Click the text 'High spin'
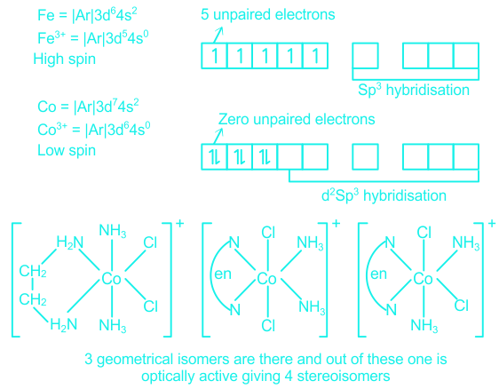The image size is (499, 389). pyautogui.click(x=64, y=60)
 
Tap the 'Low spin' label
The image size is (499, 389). pyautogui.click(x=67, y=151)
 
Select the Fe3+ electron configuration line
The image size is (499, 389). pyautogui.click(x=93, y=38)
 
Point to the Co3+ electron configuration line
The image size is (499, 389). pyautogui.click(x=94, y=130)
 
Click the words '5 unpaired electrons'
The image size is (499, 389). pyautogui.click(x=268, y=14)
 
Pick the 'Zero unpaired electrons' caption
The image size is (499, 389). pyautogui.click(x=297, y=119)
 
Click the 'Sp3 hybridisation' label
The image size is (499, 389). pyautogui.click(x=414, y=90)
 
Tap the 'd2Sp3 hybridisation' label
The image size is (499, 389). pyautogui.click(x=384, y=195)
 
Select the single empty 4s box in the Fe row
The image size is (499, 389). pyautogui.click(x=365, y=56)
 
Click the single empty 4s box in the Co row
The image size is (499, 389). pyautogui.click(x=365, y=157)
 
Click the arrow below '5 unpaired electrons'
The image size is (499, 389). pyautogui.click(x=218, y=35)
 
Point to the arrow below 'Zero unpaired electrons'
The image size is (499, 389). pyautogui.click(x=218, y=136)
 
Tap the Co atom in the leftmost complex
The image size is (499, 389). pyautogui.click(x=111, y=279)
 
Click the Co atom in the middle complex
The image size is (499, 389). pyautogui.click(x=266, y=279)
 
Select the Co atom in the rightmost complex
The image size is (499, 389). pyautogui.click(x=423, y=279)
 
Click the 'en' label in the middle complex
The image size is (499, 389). pyautogui.click(x=223, y=274)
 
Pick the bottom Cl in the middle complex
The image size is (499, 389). pyautogui.click(x=268, y=326)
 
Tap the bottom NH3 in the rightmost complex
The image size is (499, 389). pyautogui.click(x=424, y=326)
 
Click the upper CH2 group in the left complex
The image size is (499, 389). pyautogui.click(x=33, y=271)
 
